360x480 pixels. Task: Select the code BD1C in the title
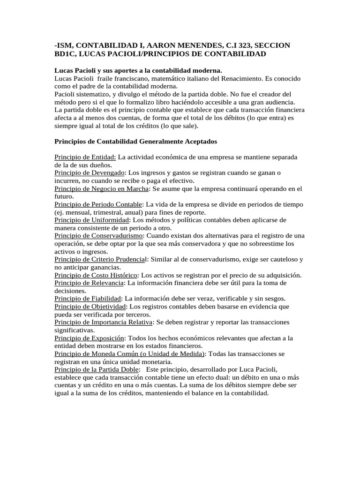tap(66, 54)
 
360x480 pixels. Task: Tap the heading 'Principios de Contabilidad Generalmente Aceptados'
tap(135, 141)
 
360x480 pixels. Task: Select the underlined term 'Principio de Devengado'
tap(90, 172)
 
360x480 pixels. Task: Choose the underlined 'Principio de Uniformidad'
tap(91, 220)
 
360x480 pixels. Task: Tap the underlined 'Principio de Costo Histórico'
tap(96, 275)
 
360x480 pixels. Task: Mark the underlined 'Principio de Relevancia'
tap(89, 283)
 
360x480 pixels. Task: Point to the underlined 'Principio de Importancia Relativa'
tap(104, 322)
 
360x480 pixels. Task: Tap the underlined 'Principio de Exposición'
tap(90, 338)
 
